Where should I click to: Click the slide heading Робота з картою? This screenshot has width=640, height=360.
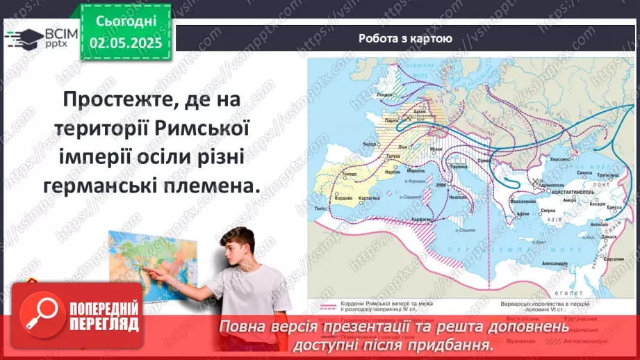(405, 38)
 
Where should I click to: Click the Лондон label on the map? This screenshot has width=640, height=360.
(384, 94)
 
